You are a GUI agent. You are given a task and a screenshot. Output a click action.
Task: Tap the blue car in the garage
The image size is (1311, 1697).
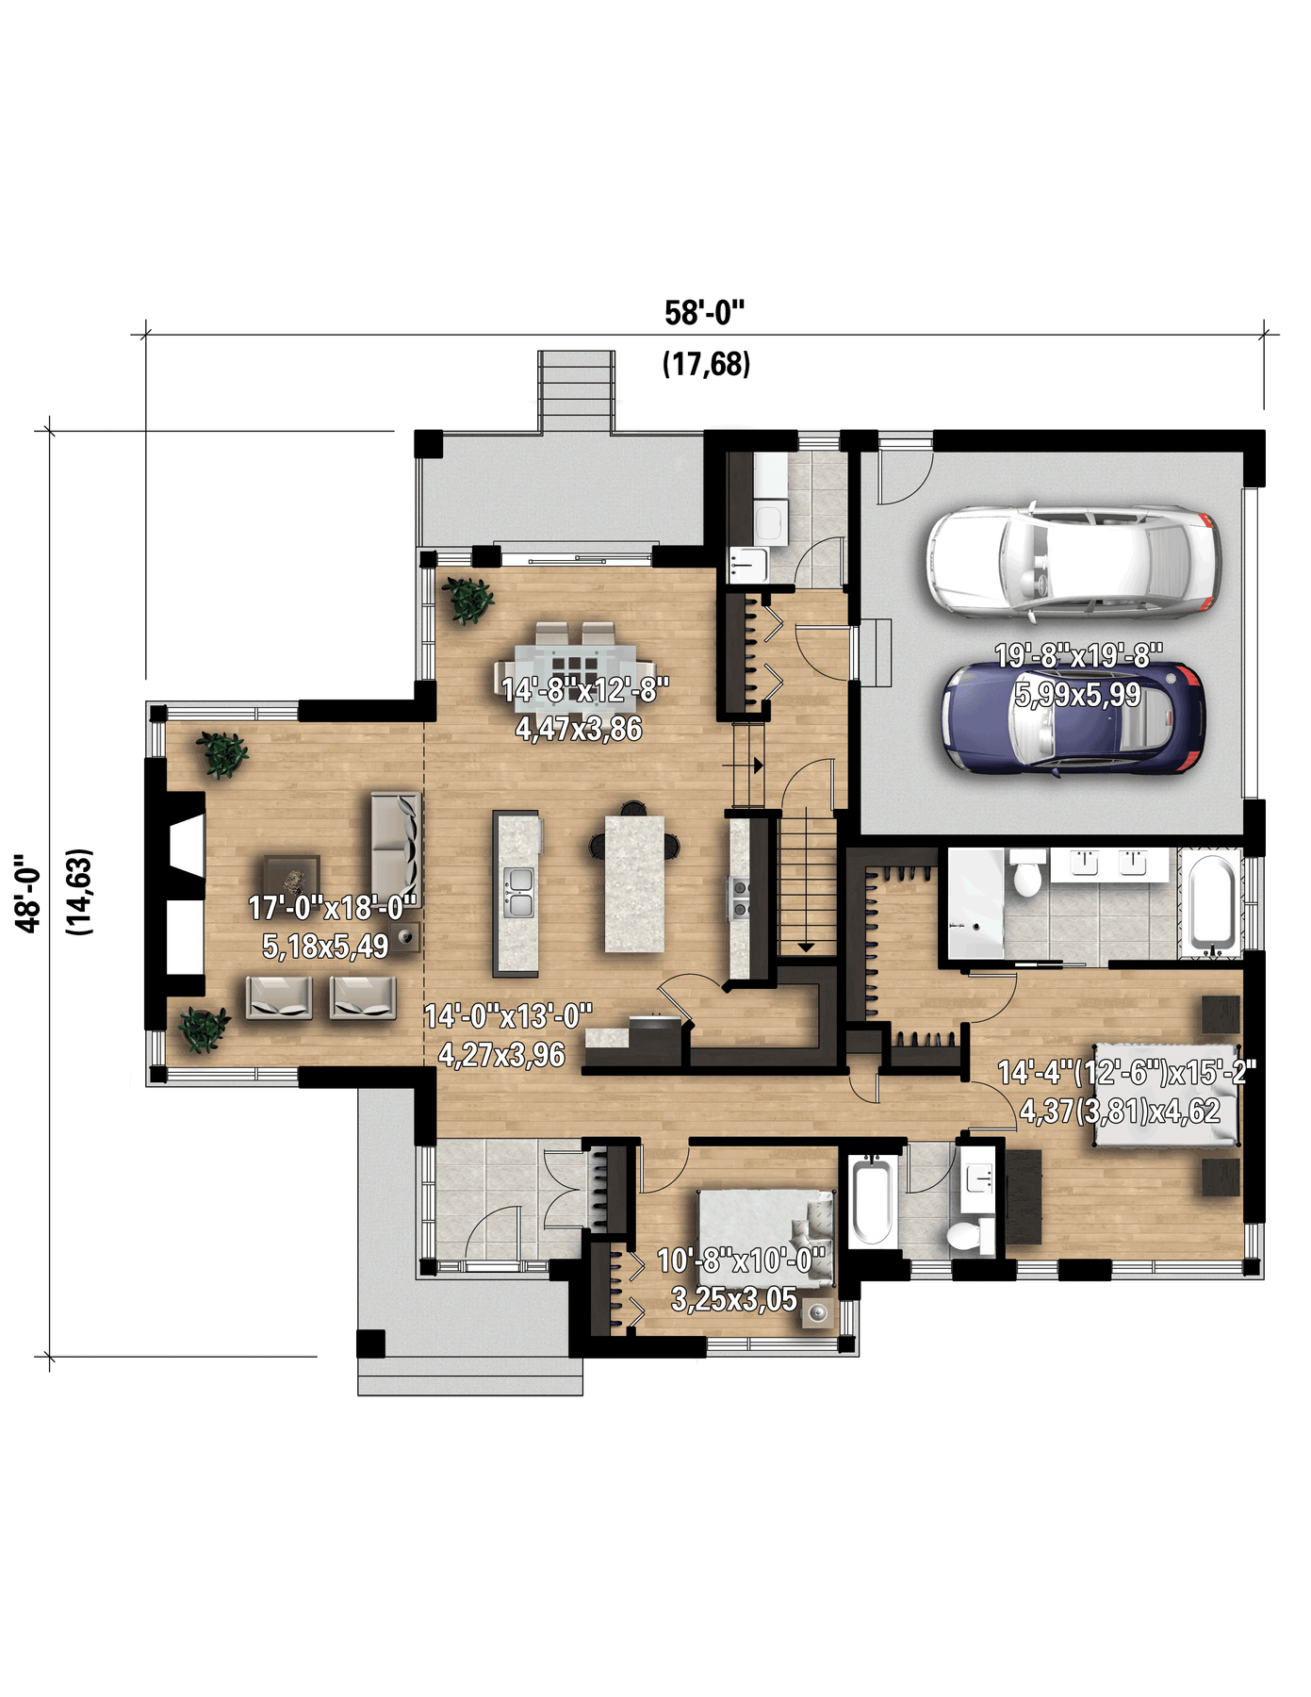1073,719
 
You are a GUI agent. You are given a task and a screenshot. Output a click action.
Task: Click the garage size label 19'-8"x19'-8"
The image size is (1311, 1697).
1079,655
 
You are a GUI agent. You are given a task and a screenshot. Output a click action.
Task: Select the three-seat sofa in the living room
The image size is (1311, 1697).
395,845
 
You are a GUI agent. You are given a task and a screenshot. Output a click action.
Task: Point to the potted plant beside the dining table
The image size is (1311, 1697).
468,600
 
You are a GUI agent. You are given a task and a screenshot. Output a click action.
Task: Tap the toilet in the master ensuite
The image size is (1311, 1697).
1026,872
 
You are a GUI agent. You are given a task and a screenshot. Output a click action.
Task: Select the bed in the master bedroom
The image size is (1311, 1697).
1166,1095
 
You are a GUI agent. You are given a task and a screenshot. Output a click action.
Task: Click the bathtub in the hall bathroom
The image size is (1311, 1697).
872,1202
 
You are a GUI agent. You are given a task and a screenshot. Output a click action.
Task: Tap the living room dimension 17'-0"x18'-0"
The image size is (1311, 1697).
332,908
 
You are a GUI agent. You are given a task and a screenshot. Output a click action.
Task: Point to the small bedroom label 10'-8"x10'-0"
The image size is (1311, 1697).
741,1260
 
